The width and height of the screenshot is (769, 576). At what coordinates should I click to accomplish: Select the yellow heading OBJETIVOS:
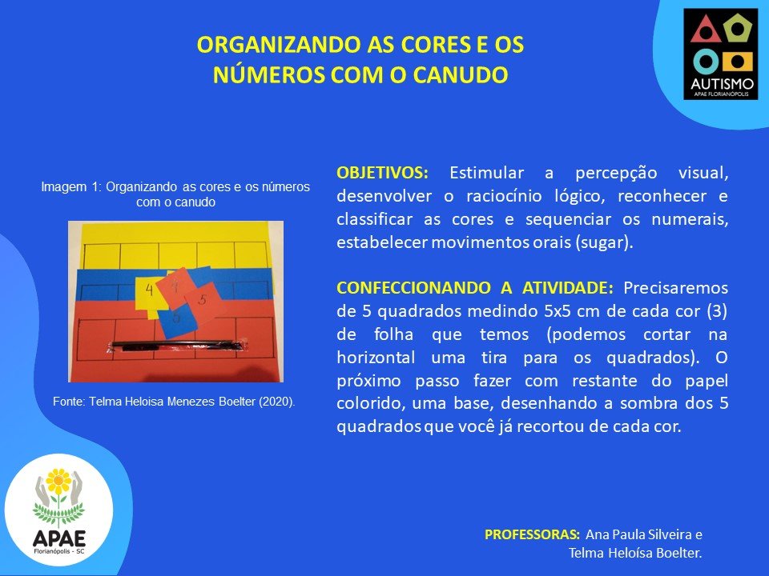(382, 173)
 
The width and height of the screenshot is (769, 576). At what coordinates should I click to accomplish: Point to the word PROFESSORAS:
(532, 534)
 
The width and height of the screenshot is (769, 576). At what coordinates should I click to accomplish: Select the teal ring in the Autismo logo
(706, 62)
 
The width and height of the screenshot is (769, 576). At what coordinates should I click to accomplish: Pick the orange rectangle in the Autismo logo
(737, 62)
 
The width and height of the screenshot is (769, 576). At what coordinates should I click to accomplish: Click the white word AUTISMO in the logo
(722, 83)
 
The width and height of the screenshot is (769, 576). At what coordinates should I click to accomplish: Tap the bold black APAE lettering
(59, 538)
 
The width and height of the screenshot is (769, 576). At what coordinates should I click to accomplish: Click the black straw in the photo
(176, 346)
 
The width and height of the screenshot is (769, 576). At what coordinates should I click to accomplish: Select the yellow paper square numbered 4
(147, 294)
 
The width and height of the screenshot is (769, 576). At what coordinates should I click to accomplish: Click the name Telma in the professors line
(586, 554)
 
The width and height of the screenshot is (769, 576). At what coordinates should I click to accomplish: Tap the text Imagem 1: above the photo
(71, 187)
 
